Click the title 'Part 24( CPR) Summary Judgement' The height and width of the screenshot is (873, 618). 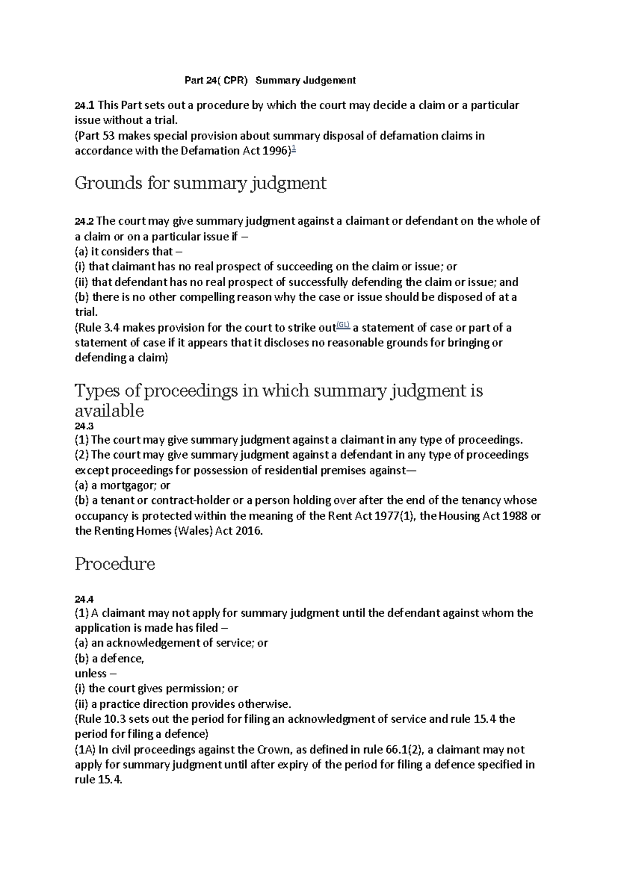[270, 81]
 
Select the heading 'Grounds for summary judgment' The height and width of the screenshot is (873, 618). [200, 183]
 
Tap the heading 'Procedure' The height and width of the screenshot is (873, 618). [115, 564]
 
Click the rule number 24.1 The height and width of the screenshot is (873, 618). [84, 106]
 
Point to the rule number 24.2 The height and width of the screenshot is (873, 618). [84, 222]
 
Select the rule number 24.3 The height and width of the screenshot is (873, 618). [84, 426]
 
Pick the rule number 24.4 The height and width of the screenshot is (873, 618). [84, 599]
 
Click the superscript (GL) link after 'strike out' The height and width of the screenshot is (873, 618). [344, 324]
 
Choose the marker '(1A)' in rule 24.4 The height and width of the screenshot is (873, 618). [85, 749]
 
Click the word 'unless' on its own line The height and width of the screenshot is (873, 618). [91, 674]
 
